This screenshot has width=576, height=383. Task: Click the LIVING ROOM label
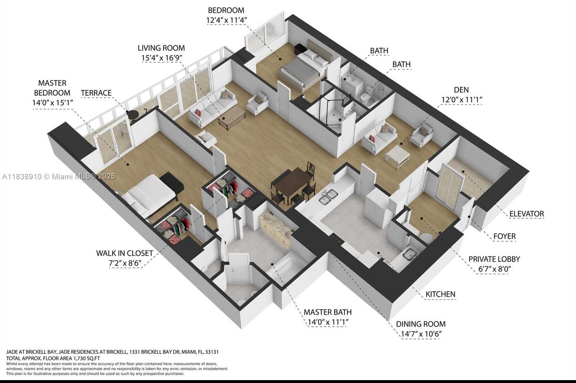coord(161,48)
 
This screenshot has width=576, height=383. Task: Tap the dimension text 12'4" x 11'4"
coord(226,20)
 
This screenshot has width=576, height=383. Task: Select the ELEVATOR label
coord(526,214)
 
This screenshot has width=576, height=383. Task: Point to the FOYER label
coord(504,236)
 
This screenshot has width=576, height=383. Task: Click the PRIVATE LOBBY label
coord(494,259)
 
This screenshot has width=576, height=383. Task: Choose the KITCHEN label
coord(440,294)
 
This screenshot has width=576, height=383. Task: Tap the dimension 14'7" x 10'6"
coord(421,334)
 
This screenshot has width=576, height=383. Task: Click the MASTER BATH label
coord(327,312)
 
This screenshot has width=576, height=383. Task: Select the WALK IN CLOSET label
coord(124,253)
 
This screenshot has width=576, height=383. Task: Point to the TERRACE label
coord(96,93)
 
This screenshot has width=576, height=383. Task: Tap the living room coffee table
coord(232,118)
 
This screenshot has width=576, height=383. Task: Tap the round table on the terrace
coord(132,114)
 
